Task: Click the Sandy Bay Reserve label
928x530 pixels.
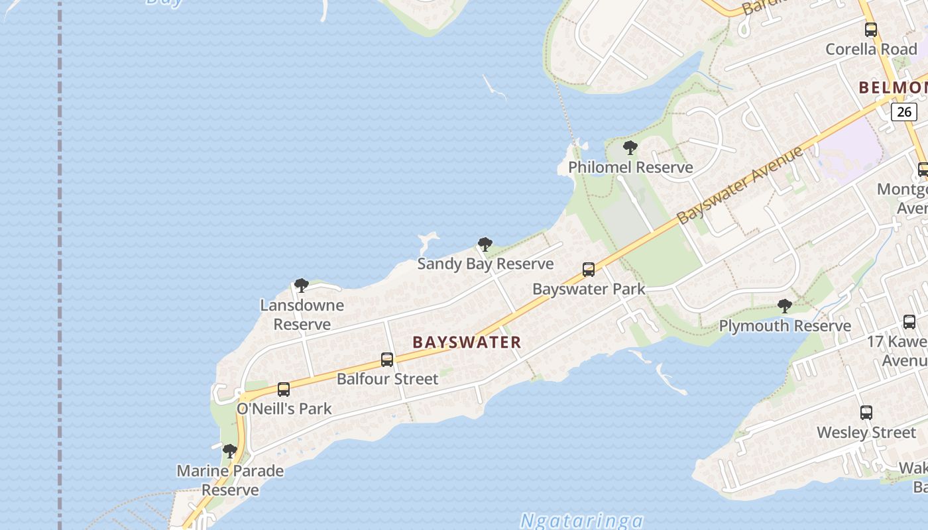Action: point(485,264)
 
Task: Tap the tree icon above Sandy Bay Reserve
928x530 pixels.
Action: point(485,244)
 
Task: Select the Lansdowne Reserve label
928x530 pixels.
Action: point(302,315)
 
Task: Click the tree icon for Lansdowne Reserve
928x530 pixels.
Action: point(302,286)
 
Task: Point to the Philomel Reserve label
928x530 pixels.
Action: point(630,167)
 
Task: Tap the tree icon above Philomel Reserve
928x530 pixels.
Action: point(630,147)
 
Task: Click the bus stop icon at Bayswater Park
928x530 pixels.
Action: point(589,270)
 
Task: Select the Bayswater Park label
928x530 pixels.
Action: point(589,289)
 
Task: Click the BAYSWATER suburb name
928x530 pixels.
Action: point(467,342)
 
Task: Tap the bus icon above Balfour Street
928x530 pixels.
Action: point(387,360)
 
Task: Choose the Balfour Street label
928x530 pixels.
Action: point(387,379)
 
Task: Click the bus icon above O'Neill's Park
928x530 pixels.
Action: point(284,390)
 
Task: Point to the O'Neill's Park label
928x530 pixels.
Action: point(284,409)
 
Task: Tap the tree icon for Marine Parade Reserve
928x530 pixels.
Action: point(230,451)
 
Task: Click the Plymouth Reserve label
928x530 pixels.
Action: point(785,326)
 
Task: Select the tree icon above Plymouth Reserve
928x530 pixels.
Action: point(785,306)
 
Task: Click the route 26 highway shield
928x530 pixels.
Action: point(904,111)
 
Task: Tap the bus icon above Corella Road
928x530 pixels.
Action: point(871,30)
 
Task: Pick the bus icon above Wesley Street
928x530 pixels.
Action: point(866,413)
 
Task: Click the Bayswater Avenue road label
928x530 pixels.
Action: point(740,185)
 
